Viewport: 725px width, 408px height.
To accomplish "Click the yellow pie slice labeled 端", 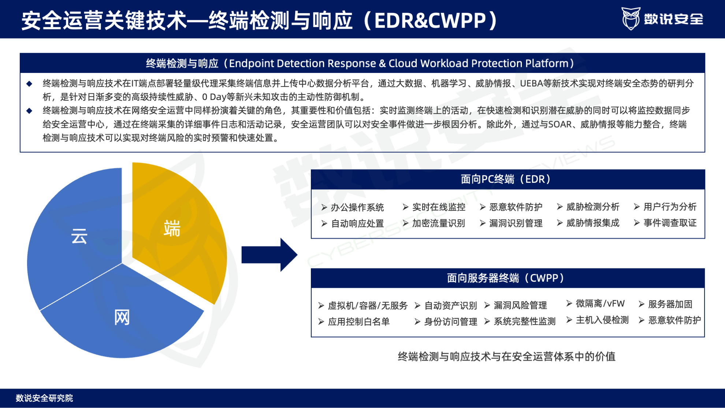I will (176, 227).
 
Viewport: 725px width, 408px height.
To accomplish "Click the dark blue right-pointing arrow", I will (269, 255).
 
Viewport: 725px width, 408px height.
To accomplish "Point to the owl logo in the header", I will (631, 18).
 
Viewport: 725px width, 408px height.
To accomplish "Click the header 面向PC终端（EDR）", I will (508, 179).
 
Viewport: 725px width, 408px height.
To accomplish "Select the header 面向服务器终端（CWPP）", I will (508, 278).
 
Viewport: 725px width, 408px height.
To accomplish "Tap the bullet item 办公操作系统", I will (357, 207).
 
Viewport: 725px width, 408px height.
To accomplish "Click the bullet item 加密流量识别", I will (438, 223).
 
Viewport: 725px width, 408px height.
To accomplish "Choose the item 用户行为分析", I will (670, 207).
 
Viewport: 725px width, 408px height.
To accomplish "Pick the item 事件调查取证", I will (670, 223).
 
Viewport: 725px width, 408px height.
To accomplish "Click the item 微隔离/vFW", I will (600, 303).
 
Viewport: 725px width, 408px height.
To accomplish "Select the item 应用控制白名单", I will (358, 322).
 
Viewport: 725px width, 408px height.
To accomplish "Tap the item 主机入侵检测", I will (602, 320).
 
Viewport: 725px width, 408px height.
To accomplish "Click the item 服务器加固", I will (670, 304).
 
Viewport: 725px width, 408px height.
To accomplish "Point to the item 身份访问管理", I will (450, 322).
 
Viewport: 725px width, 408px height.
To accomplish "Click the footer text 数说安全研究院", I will (44, 398).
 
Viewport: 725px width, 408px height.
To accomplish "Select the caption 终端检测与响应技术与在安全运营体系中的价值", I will (507, 356).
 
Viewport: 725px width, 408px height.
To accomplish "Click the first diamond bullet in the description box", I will (29, 84).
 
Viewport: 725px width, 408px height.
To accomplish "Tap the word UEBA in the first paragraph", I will (531, 84).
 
